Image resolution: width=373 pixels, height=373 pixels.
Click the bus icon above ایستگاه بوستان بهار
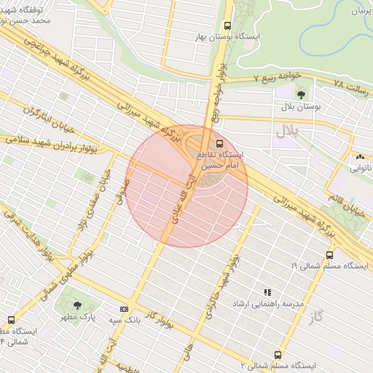(x=228, y=25)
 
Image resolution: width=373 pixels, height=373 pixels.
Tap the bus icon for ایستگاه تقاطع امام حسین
(x=220, y=144)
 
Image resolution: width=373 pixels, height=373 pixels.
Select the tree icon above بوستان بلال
(x=301, y=95)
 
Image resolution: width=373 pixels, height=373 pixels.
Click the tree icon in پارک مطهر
(x=78, y=305)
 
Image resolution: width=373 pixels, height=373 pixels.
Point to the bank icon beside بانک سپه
(x=124, y=309)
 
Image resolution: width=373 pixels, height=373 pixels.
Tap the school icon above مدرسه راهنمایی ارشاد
(x=267, y=291)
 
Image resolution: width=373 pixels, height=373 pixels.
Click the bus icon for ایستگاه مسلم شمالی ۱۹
(x=329, y=256)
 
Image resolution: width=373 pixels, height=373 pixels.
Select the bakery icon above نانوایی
(x=360, y=157)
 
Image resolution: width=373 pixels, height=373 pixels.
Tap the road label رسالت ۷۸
(x=351, y=85)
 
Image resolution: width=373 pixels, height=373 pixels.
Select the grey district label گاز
(x=315, y=317)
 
